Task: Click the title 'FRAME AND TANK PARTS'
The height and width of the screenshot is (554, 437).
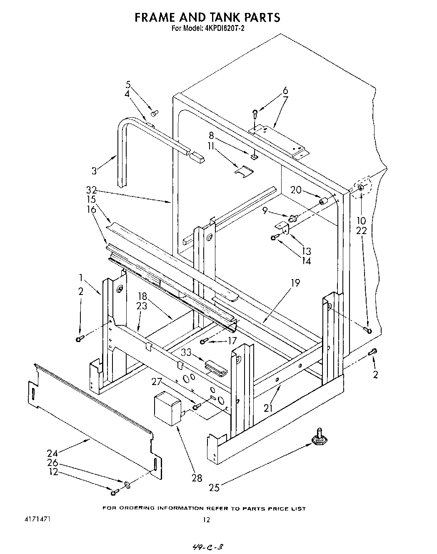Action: point(207,17)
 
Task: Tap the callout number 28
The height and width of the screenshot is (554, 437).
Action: point(197,478)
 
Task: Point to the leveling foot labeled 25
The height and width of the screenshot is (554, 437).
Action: point(319,436)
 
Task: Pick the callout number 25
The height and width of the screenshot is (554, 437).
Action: point(214,487)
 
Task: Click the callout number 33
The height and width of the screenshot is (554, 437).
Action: point(186,352)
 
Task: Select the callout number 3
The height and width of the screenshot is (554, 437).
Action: point(95,170)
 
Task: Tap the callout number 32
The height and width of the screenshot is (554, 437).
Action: point(91,191)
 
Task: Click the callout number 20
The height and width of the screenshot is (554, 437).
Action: point(296,190)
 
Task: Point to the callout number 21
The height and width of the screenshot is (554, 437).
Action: point(267,408)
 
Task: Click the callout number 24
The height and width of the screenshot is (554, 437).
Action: point(52,453)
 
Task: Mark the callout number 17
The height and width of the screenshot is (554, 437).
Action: point(232,341)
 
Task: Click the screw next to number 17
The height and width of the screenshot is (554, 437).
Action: point(204,342)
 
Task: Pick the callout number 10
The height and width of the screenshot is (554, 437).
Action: point(361,221)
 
